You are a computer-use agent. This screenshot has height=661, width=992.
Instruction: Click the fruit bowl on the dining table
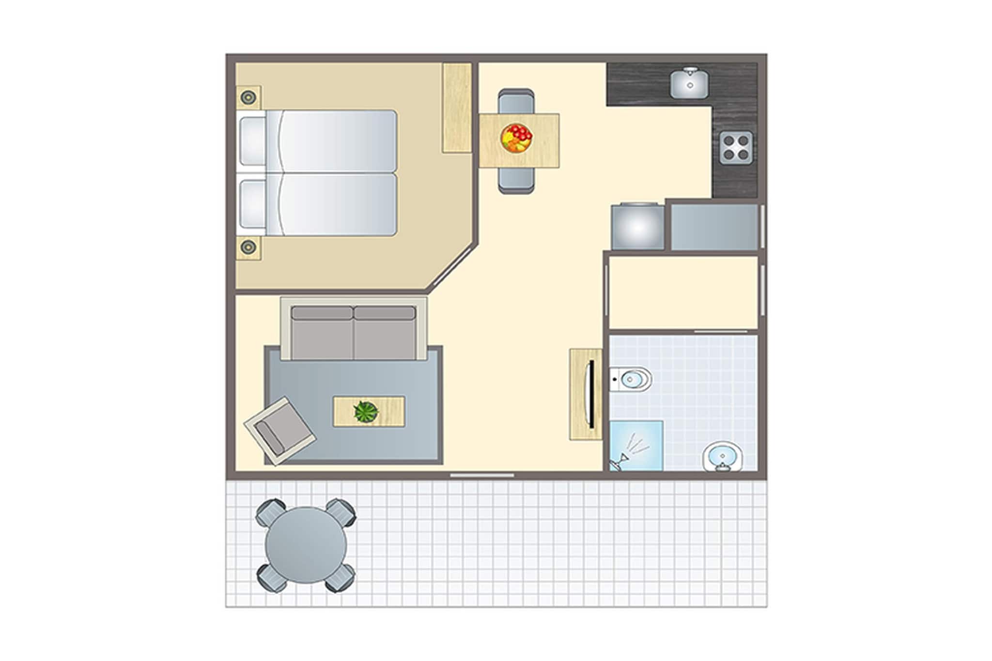pos(516,139)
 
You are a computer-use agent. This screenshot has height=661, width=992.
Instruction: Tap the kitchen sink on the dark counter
pos(689,84)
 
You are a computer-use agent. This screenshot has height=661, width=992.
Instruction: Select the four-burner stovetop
pos(736,147)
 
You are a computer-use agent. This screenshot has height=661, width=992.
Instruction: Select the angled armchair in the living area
pos(279,431)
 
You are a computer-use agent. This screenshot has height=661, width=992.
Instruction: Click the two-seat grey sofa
pos(354,332)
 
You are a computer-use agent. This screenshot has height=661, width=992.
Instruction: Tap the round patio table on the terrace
pos(306,545)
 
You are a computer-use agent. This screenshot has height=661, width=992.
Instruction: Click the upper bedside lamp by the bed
pos(248,97)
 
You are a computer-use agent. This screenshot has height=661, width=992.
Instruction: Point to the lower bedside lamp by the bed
pos(248,247)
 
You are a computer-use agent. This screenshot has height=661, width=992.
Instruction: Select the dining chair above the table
pos(516,101)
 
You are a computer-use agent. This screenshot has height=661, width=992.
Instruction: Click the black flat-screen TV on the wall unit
pos(591,394)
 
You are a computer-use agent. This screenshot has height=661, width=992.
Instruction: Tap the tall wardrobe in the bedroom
pos(457,108)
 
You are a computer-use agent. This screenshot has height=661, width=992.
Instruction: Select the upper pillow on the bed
pos(252,140)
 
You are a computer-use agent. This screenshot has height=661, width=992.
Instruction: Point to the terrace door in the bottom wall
pos(482,476)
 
